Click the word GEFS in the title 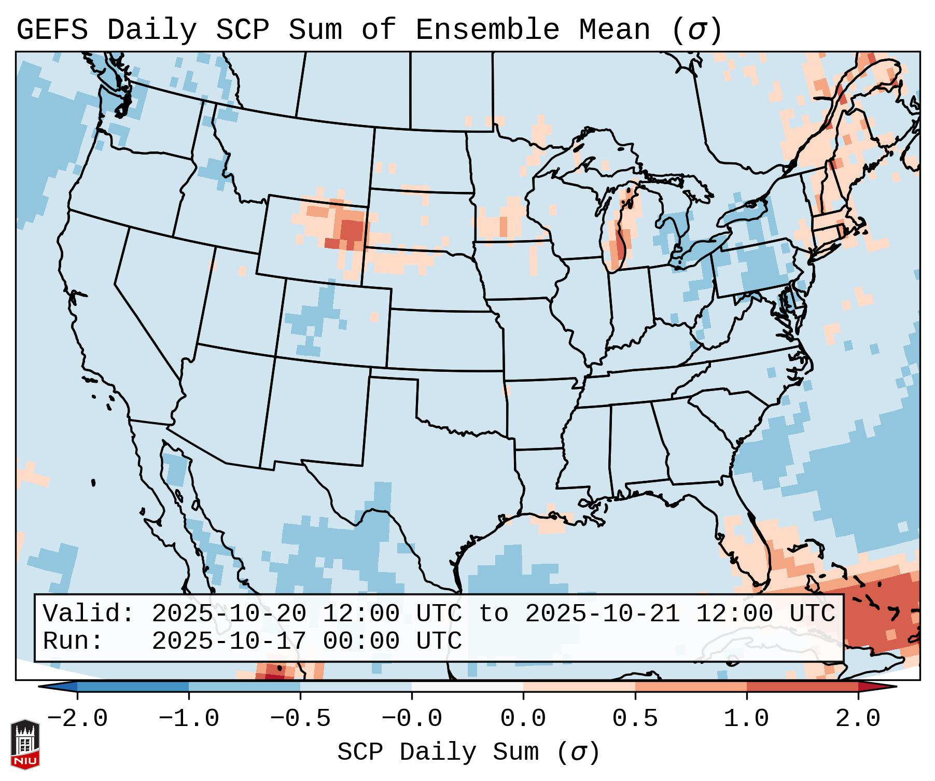(52, 30)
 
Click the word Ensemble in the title (487, 30)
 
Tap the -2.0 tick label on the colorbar (77, 719)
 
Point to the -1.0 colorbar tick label (189, 719)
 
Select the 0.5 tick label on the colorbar (635, 719)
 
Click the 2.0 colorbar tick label (858, 719)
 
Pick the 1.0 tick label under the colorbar (746, 719)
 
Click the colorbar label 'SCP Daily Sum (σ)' (468, 752)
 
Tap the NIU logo (25, 744)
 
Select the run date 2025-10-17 (229, 641)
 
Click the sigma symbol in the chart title (696, 30)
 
